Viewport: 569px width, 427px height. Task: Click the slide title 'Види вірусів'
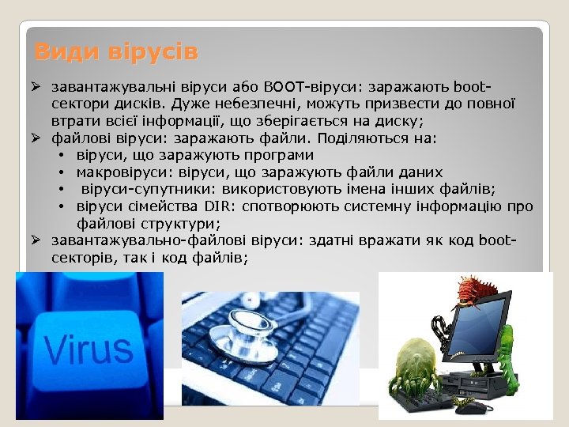coord(116,53)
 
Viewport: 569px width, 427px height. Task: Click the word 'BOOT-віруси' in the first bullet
coord(302,85)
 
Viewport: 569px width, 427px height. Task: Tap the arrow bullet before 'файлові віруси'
coord(36,138)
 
